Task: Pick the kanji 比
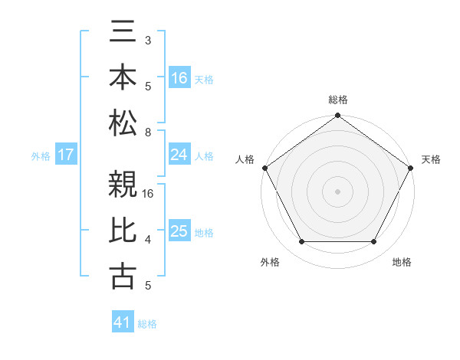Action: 123,231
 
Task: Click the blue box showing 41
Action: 123,322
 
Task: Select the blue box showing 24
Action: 179,155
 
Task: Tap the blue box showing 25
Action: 179,231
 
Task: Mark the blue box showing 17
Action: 66,155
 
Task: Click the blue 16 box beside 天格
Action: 179,78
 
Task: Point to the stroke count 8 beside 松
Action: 147,133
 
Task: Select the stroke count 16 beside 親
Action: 149,194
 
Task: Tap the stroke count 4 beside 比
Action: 147,241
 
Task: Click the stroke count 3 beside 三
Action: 147,40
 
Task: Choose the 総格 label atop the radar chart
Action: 337,100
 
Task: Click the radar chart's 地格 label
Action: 402,262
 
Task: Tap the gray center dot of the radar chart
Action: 337,191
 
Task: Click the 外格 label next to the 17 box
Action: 41,155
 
